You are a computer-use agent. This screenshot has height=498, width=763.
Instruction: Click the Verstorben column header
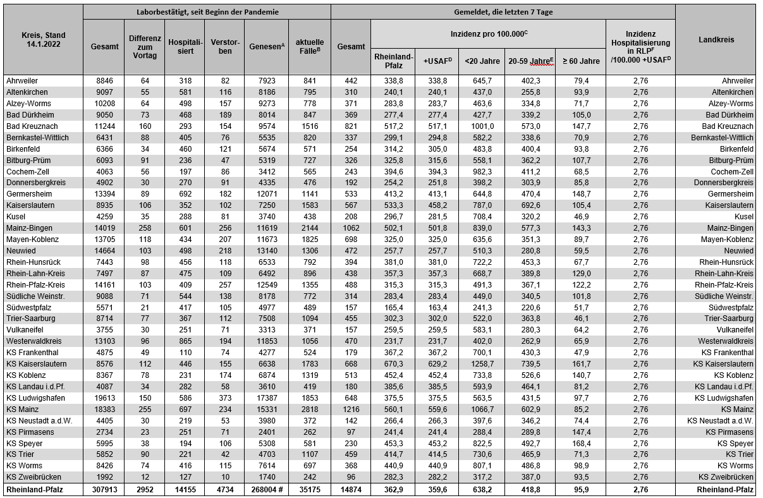[x=224, y=47]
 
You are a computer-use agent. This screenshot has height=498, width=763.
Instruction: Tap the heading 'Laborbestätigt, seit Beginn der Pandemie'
[x=207, y=12]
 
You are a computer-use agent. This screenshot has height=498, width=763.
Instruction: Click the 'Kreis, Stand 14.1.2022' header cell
[x=43, y=40]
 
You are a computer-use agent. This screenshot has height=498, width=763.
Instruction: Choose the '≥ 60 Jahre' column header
[x=580, y=61]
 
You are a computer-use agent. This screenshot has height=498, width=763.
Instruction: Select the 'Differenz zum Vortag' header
[x=145, y=47]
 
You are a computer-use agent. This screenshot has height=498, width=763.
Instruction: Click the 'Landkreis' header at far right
[x=716, y=40]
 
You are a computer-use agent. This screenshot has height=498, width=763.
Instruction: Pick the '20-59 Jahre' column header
[x=529, y=61]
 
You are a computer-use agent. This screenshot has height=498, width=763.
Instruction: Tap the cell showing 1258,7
[x=482, y=364]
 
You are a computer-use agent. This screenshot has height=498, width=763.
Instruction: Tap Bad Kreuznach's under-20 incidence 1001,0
[x=482, y=126]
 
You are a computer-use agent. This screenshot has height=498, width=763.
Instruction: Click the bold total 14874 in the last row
[x=351, y=489]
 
